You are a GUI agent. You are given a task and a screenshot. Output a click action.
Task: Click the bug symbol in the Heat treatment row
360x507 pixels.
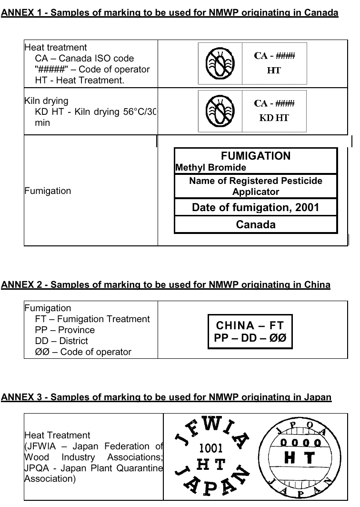point(220,63)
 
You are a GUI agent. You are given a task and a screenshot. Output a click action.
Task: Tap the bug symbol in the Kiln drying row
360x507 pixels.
point(220,111)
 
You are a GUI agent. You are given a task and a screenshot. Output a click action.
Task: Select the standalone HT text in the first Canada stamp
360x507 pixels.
point(274,71)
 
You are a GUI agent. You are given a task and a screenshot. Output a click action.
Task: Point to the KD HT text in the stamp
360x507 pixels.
point(274,118)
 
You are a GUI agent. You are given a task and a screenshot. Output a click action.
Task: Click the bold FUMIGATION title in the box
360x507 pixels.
point(256,156)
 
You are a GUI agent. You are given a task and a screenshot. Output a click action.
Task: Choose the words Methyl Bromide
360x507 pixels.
point(211,168)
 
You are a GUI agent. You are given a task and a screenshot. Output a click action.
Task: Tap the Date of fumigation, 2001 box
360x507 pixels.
point(256,207)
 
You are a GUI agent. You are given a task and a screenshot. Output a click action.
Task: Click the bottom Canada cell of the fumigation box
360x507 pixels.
point(256,224)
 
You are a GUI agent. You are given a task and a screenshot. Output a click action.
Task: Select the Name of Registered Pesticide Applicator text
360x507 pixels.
point(256,186)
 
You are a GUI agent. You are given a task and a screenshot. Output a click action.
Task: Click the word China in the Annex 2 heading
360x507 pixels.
point(317,285)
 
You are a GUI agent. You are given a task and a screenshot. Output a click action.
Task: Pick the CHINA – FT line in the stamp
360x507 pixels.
point(250,326)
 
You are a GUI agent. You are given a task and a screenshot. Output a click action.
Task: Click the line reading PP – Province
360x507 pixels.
point(65,330)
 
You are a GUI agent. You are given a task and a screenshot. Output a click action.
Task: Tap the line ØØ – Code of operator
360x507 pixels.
point(83,352)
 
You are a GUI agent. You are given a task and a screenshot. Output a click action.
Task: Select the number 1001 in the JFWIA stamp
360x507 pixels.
point(210,448)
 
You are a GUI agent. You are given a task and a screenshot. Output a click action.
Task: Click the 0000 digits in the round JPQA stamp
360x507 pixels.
point(300,443)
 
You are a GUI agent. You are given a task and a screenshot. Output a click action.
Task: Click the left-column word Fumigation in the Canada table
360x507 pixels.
point(48,191)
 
